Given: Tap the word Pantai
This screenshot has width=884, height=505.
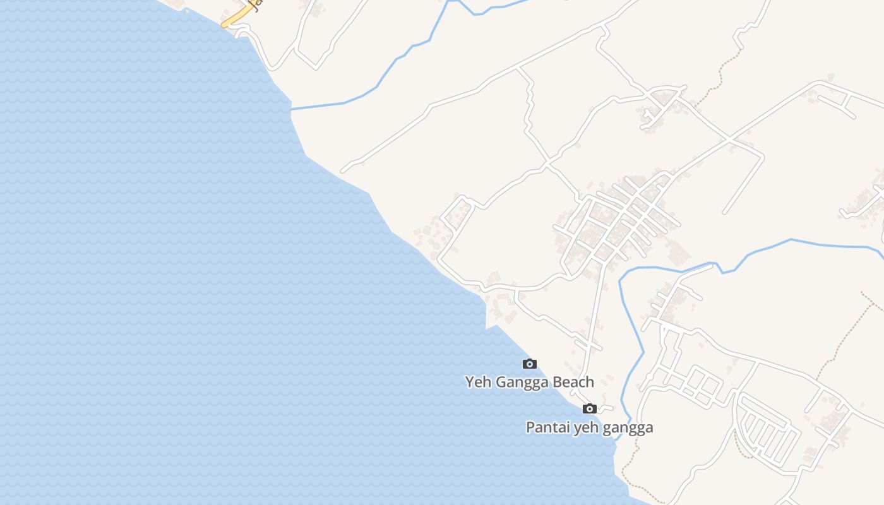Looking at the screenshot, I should pyautogui.click(x=547, y=427).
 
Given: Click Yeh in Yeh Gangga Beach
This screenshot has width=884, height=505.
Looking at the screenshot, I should pyautogui.click(x=477, y=382).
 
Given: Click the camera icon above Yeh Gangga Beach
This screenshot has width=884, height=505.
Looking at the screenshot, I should pyautogui.click(x=530, y=364).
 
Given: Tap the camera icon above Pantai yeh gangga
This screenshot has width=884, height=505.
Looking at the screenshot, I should pyautogui.click(x=590, y=408).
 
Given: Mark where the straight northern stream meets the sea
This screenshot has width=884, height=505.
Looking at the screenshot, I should pyautogui.click(x=291, y=110).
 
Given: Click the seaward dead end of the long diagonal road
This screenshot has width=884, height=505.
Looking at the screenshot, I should pyautogui.click(x=343, y=170).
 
